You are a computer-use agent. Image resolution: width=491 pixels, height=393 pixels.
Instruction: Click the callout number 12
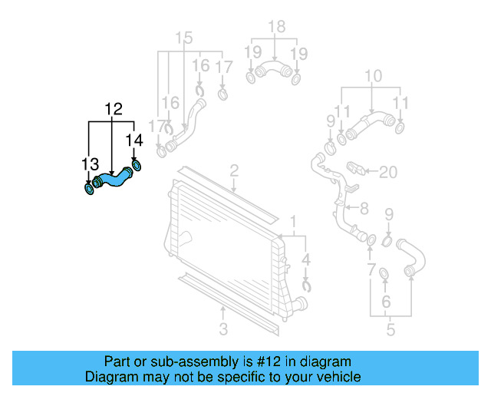[x=114, y=109]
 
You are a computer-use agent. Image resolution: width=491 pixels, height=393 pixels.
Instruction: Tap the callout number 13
[x=91, y=163]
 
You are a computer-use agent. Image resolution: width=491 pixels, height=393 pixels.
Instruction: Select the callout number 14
[x=134, y=140]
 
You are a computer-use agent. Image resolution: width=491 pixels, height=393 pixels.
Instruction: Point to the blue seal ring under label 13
[x=89, y=188]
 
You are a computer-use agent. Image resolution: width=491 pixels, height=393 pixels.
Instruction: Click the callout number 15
[x=183, y=38]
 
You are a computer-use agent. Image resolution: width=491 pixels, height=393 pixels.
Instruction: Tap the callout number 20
[x=388, y=172]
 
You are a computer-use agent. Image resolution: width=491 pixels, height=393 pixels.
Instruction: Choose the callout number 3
[x=223, y=330]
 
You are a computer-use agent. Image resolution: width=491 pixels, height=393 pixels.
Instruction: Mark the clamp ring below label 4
[x=306, y=287]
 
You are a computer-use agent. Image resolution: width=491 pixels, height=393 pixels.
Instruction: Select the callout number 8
[x=364, y=207]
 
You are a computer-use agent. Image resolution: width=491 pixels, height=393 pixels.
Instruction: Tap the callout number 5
[x=390, y=330]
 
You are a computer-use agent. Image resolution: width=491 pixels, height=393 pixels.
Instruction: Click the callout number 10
[x=372, y=75]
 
